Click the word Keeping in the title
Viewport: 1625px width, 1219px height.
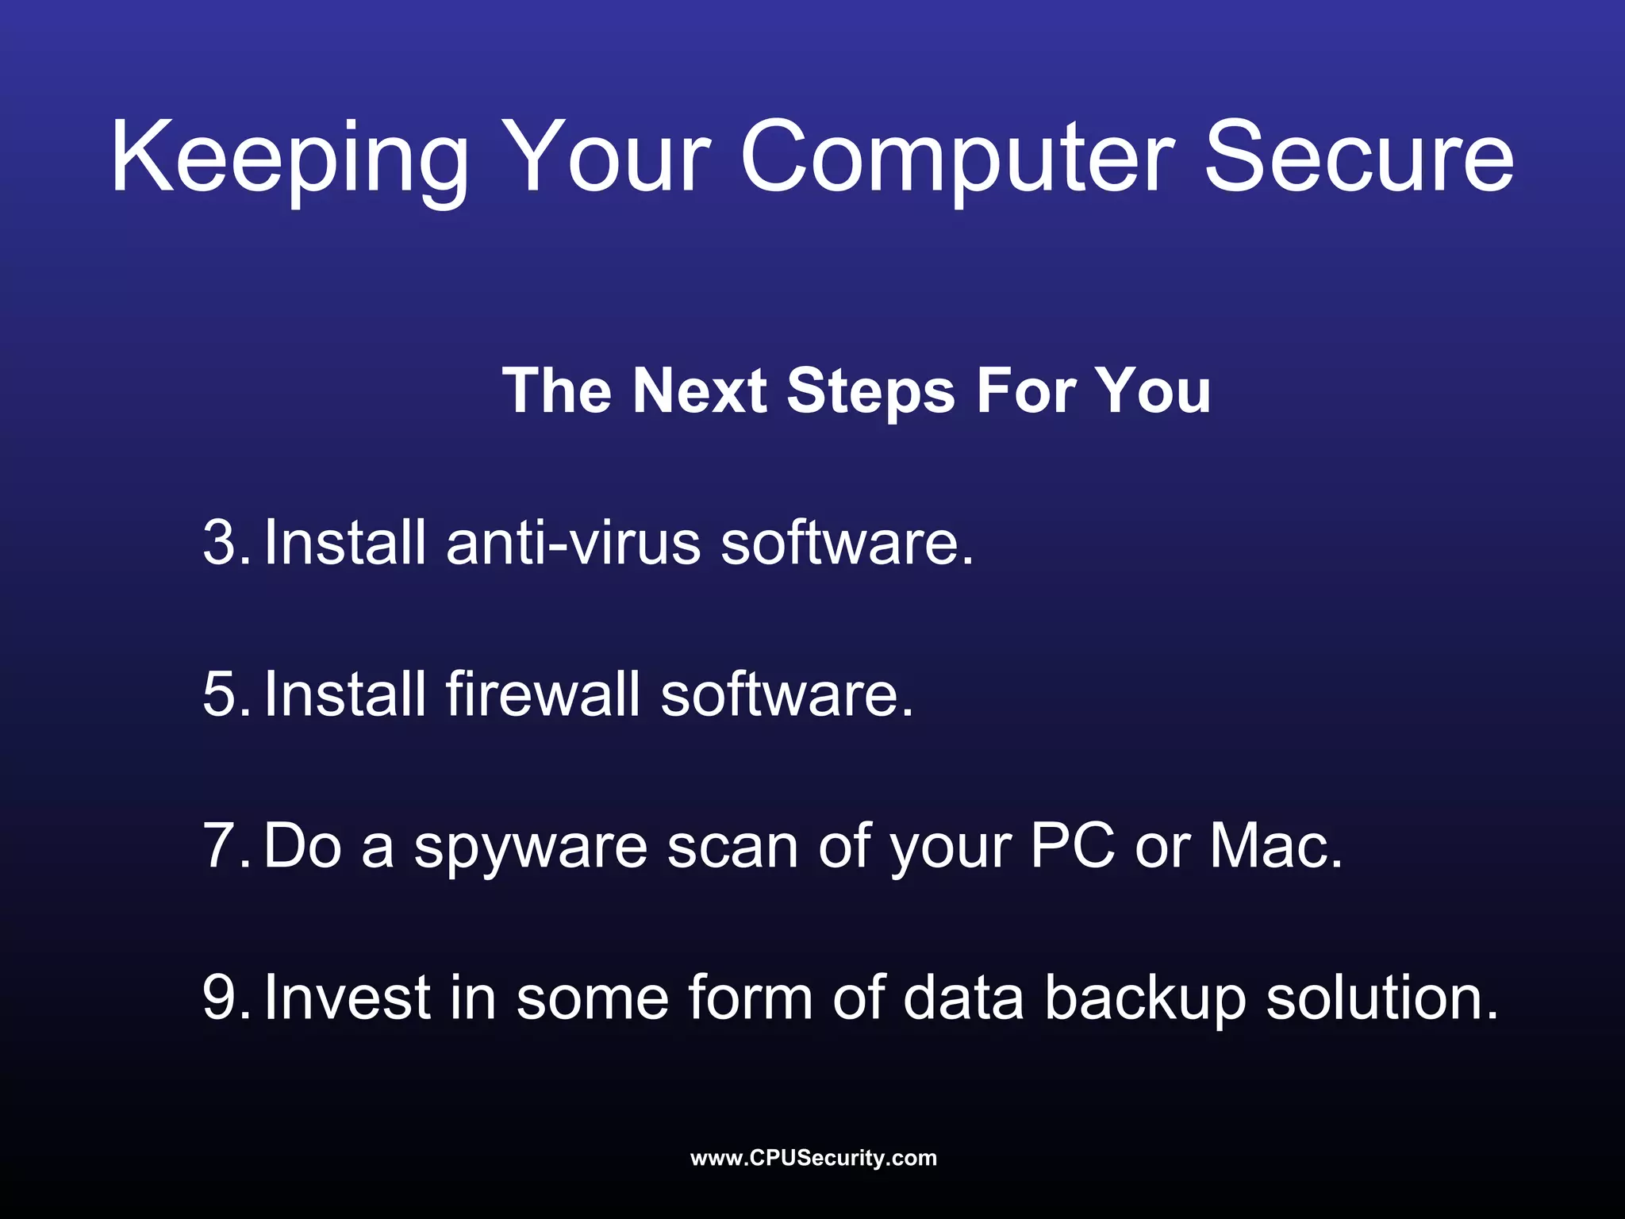coord(290,159)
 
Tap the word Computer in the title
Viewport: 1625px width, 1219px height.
coord(957,159)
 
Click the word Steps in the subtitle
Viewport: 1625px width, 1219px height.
coord(870,391)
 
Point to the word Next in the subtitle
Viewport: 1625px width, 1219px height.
coord(699,391)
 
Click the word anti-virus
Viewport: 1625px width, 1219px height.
coord(574,543)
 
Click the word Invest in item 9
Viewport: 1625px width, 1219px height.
coord(347,998)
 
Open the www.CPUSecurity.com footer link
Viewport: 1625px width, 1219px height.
coord(813,1158)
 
